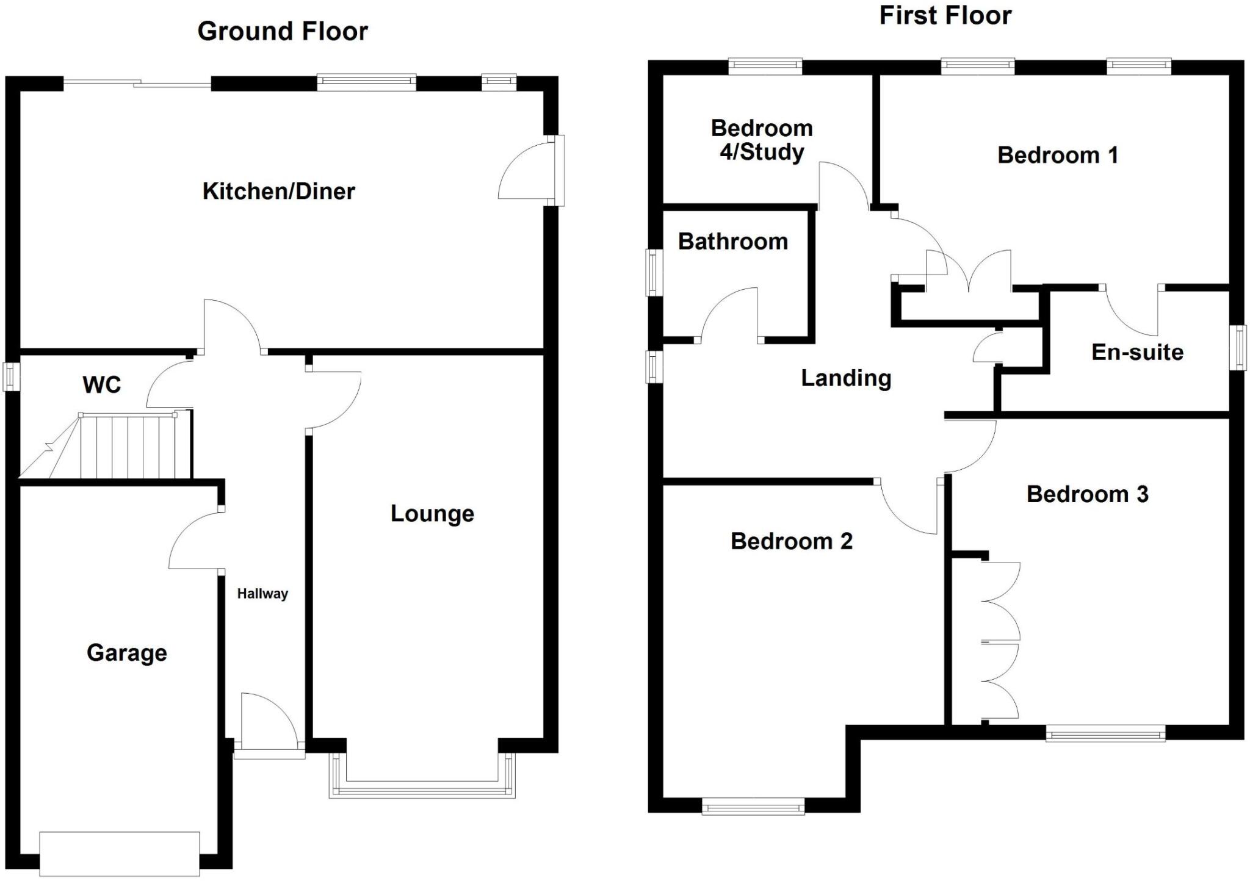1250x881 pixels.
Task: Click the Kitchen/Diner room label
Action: pos(278,192)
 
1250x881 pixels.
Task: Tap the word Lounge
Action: pos(432,514)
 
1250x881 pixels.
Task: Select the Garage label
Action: pos(127,653)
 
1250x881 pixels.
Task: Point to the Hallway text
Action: pos(262,594)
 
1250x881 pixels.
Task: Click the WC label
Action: pos(102,385)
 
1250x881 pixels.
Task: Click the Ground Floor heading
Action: pos(283,32)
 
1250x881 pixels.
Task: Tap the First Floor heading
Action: pos(945,16)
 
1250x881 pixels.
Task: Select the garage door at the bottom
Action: pos(120,854)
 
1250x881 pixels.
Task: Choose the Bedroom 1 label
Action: pos(1058,156)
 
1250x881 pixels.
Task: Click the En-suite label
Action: pos(1137,353)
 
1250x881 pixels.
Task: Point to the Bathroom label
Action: pos(732,242)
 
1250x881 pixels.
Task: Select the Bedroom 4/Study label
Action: pos(762,140)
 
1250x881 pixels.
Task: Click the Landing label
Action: pos(846,379)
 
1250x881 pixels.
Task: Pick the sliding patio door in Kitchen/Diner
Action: pos(138,84)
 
